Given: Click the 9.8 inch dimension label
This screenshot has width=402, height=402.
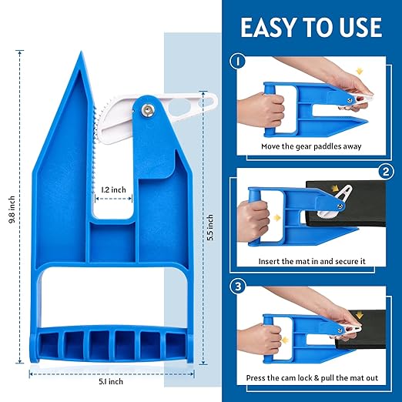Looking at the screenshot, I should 10,209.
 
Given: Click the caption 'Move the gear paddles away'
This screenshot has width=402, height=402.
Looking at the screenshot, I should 311,146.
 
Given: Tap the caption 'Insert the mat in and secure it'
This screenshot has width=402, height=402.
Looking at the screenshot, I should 311,262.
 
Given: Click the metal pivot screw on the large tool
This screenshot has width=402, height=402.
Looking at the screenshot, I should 147,110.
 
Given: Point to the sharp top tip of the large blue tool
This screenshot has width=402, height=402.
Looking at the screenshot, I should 80,54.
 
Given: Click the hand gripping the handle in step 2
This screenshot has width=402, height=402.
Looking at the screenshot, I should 254,213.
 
